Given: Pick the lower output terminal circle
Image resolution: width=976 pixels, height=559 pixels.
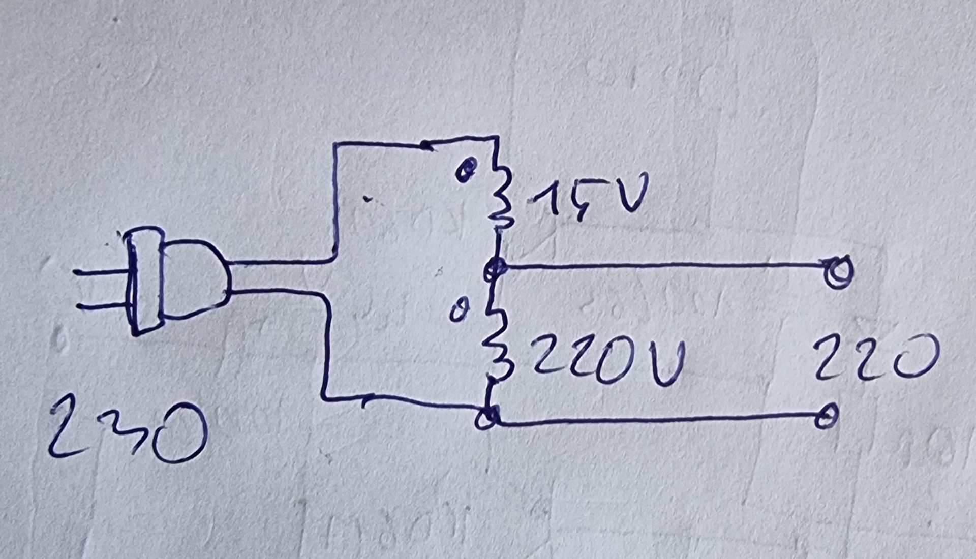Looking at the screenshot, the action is (x=826, y=417).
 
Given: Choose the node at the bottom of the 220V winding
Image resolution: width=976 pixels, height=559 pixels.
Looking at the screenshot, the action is (x=487, y=418).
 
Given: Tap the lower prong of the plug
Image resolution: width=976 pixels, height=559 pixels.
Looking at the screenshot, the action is (x=102, y=306).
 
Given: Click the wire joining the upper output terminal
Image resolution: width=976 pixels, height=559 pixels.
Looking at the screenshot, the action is (x=661, y=265).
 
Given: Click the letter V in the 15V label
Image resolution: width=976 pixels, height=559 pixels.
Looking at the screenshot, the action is (x=630, y=193).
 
